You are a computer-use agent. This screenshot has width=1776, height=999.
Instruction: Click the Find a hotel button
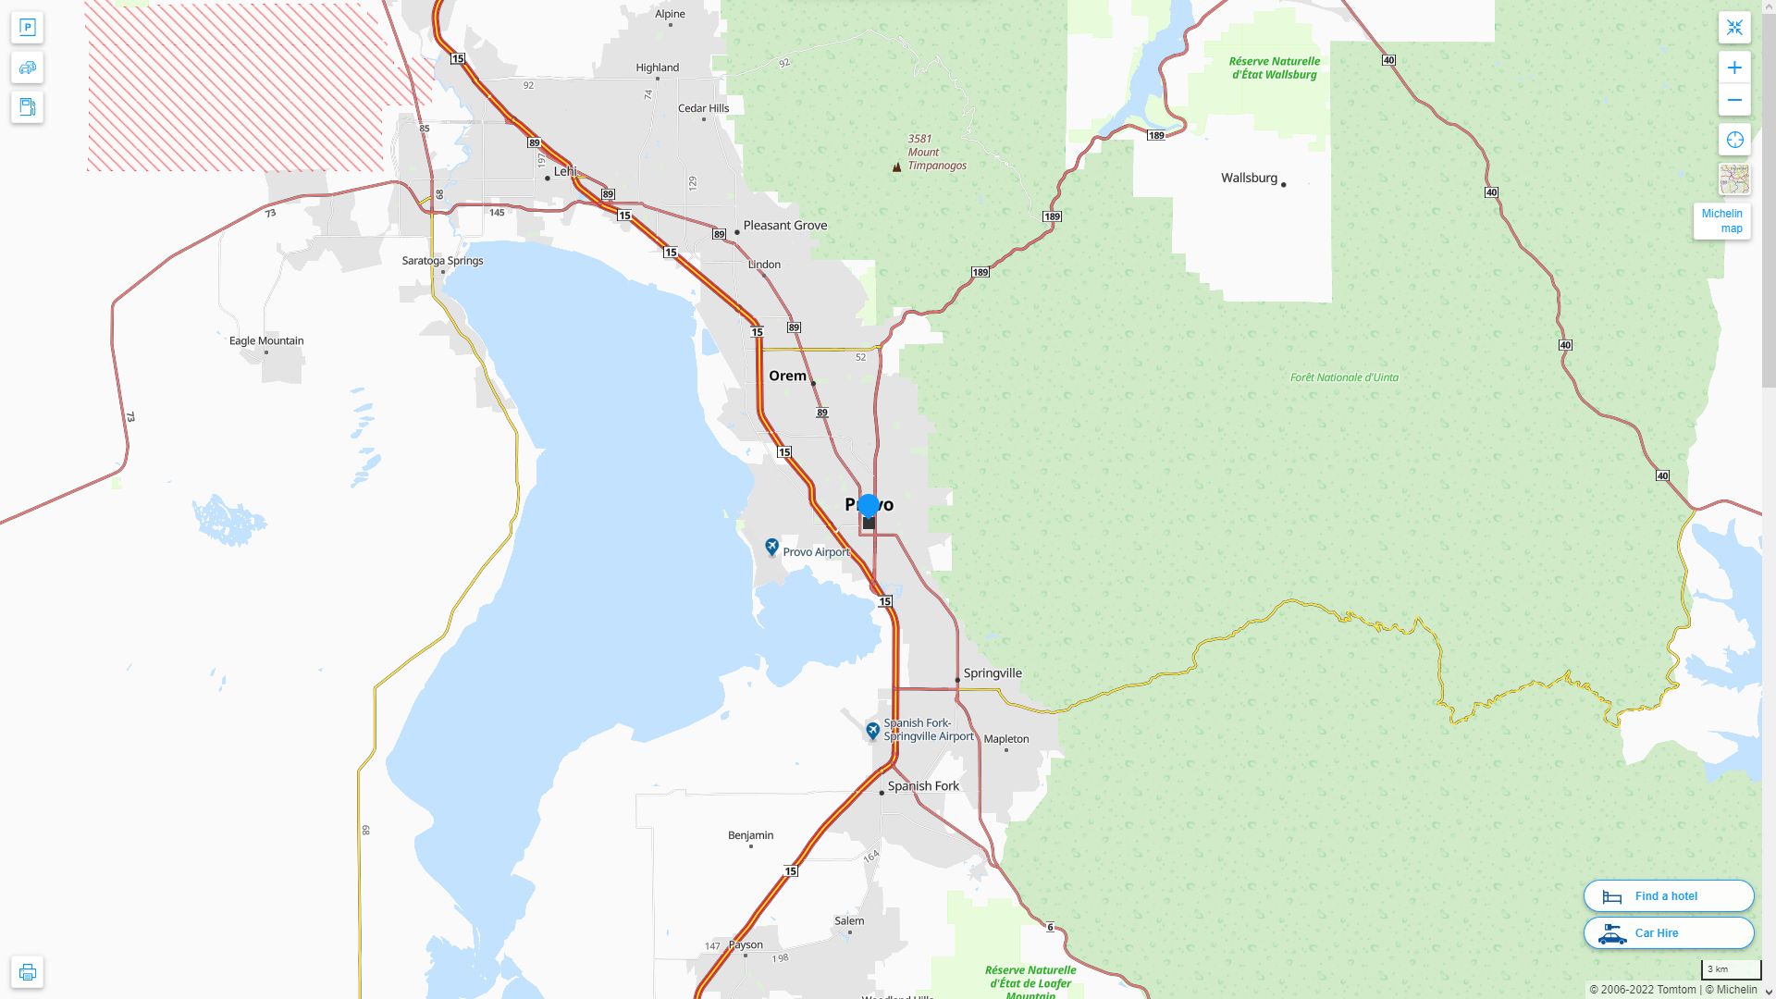click(1668, 895)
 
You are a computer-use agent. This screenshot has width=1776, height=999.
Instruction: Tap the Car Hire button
click(1668, 932)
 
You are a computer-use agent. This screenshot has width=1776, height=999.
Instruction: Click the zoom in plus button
click(1734, 68)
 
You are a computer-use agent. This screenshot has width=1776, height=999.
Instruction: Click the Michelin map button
click(1721, 221)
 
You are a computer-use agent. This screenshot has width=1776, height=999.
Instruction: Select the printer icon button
click(27, 971)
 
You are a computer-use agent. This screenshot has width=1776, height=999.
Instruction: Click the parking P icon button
click(27, 28)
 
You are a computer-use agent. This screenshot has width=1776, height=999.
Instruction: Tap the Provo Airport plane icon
click(771, 548)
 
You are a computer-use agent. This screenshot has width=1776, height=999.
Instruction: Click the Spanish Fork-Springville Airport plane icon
click(872, 731)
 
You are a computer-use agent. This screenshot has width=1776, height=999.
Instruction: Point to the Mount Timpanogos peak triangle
click(895, 167)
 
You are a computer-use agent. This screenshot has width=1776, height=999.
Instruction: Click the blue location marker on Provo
click(868, 505)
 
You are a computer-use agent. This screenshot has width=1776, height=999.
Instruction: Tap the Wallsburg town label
click(1249, 178)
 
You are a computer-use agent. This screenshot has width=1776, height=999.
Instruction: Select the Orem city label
click(787, 376)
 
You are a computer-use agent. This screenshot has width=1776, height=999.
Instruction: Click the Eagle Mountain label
click(266, 340)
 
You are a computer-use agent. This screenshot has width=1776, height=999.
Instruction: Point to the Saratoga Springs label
click(442, 261)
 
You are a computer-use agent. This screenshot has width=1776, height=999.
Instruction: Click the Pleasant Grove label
click(784, 225)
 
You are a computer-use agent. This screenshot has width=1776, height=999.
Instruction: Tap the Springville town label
click(993, 672)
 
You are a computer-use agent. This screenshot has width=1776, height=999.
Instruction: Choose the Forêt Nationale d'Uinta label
click(1344, 377)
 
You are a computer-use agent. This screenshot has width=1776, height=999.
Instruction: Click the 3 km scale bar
click(1730, 969)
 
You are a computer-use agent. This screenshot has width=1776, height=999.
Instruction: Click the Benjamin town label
click(750, 835)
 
